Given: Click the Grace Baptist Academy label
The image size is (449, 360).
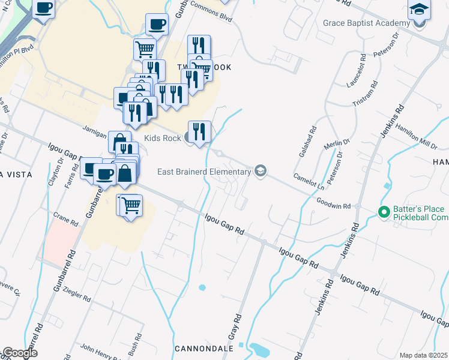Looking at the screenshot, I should (366, 23).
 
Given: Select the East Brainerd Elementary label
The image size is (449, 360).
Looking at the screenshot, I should (203, 172).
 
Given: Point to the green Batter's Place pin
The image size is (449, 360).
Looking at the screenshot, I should (382, 212).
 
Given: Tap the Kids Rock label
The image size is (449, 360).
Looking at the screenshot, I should (162, 139).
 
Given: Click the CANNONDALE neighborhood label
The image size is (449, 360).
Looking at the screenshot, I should (203, 349).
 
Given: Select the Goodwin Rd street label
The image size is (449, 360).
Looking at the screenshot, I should (333, 204).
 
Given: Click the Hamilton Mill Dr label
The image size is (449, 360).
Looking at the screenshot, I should (418, 143).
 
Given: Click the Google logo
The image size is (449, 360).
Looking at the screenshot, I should (20, 353).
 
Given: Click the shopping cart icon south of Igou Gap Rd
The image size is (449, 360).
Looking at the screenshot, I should (130, 206).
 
